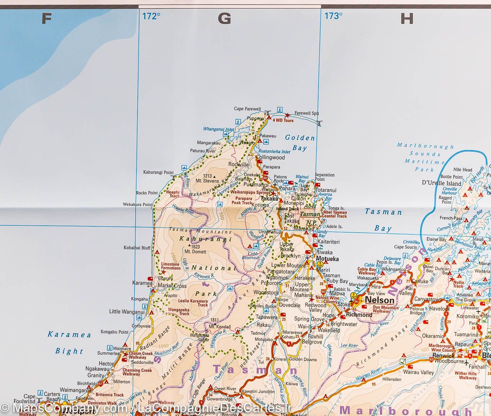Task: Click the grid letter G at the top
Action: tap(224, 19)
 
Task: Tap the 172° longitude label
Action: tap(152, 16)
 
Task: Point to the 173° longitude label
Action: tap(333, 16)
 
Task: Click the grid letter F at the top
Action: tap(46, 19)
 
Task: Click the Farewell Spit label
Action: tap(307, 113)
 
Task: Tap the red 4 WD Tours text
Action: tap(283, 121)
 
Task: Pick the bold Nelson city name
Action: tap(380, 300)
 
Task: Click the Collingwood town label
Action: tap(271, 157)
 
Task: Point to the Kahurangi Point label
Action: tap(158, 172)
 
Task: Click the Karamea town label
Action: tap(142, 283)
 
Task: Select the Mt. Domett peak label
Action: tap(195, 252)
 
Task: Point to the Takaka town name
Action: tap(269, 199)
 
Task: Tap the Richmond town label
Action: tap(359, 315)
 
